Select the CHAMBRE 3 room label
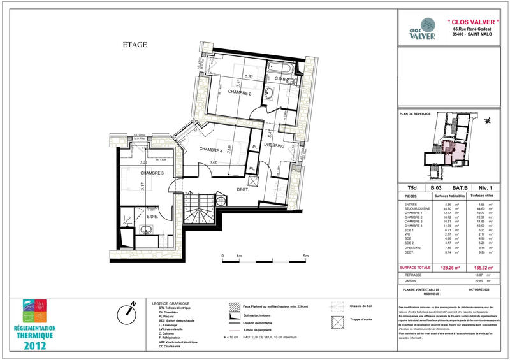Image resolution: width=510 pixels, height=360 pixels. (x=152, y=173)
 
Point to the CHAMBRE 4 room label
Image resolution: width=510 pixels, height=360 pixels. (x=211, y=150)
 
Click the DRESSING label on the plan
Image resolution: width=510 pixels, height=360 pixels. (x=275, y=145)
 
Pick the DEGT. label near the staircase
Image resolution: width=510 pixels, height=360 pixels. (x=242, y=189)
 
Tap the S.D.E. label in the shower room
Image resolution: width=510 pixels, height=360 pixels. (x=152, y=216)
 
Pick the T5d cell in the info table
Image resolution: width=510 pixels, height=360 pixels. (x=411, y=188)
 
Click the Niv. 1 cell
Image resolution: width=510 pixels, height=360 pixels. (x=485, y=188)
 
